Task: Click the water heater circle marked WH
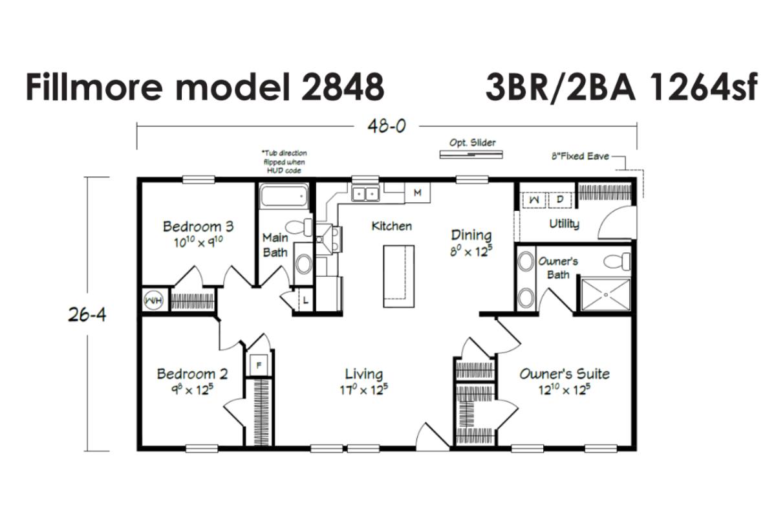(x=153, y=300)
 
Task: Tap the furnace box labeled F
(x=259, y=365)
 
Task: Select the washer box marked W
(x=534, y=200)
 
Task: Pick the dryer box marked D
(x=560, y=200)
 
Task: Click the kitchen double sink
(x=365, y=193)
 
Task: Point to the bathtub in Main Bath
(x=284, y=196)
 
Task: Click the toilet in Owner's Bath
(x=617, y=261)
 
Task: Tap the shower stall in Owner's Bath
(x=605, y=294)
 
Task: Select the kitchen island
(x=398, y=276)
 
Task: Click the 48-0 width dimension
(x=387, y=126)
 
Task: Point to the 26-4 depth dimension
(x=87, y=315)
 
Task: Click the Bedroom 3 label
(x=199, y=226)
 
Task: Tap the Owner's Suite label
(x=565, y=374)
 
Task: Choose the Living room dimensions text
(x=363, y=390)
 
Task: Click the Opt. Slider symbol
(x=471, y=155)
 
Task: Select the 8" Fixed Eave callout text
(x=580, y=157)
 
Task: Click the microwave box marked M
(x=418, y=193)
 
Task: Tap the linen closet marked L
(x=305, y=300)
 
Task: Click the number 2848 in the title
(x=343, y=87)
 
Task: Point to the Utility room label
(x=565, y=224)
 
